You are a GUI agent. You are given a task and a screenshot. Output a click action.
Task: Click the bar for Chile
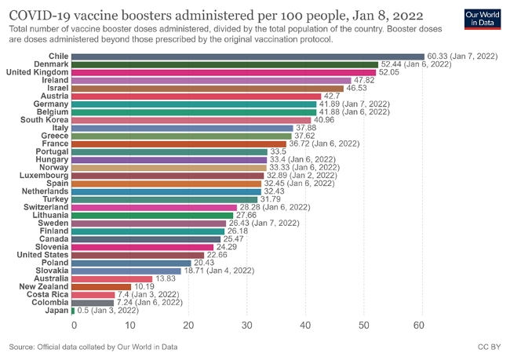pos(249,56)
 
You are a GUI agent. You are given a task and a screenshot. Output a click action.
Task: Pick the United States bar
pos(139,255)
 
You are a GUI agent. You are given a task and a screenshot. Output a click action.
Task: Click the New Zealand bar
pos(103,287)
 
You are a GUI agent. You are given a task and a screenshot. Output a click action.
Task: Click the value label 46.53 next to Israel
pos(358,89)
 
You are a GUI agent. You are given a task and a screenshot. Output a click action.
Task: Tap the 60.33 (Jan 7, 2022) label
pos(463,56)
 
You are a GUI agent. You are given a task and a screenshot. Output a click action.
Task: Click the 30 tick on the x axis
pos(248,325)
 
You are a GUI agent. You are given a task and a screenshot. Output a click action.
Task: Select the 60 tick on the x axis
pos(421,325)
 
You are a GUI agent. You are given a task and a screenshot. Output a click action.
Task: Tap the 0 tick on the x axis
pos(74,325)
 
